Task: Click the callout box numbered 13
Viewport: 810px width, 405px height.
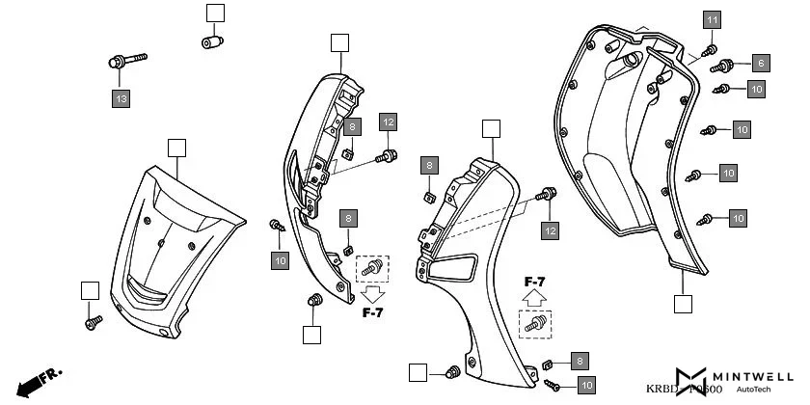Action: pyautogui.click(x=121, y=98)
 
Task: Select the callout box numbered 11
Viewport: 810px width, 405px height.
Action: pyautogui.click(x=711, y=20)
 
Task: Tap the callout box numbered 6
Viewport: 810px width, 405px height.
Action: pyautogui.click(x=761, y=64)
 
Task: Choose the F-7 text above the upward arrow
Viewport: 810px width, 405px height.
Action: pyautogui.click(x=536, y=283)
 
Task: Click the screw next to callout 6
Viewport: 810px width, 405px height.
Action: pyautogui.click(x=723, y=67)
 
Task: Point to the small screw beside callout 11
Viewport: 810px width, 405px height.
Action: pyautogui.click(x=709, y=49)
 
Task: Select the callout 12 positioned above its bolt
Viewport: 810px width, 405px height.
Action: pyautogui.click(x=388, y=122)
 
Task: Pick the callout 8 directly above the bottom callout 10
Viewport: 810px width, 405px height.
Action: pyautogui.click(x=580, y=361)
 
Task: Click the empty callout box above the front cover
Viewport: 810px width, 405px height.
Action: pyautogui.click(x=175, y=148)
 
